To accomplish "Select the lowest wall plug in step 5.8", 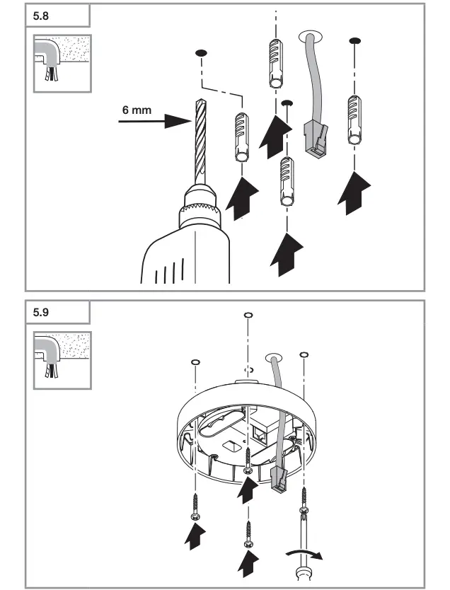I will pos(287,180).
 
